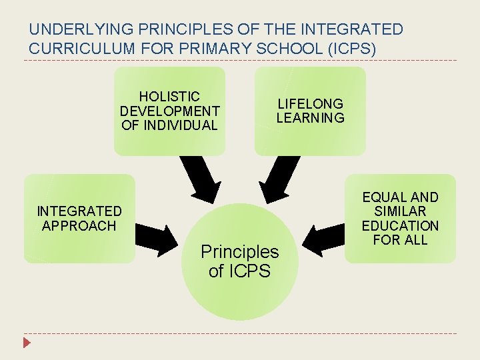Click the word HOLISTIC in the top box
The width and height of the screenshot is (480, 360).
coord(169,97)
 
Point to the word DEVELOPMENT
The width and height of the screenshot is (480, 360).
coord(169,111)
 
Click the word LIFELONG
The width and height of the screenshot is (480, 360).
coord(310,104)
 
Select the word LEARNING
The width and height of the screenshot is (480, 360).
coord(310,118)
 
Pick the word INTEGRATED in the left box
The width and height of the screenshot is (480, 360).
coord(79,211)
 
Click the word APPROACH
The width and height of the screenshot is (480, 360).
coord(79,225)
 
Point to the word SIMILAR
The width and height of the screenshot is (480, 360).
coord(400,211)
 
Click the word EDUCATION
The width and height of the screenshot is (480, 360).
coord(400,225)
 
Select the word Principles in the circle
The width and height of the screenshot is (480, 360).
coord(239,251)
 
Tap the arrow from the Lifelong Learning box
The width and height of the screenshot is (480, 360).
coord(279,179)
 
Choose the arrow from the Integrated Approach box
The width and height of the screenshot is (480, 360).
coord(159,237)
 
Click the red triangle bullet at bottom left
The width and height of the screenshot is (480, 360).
coord(27,343)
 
